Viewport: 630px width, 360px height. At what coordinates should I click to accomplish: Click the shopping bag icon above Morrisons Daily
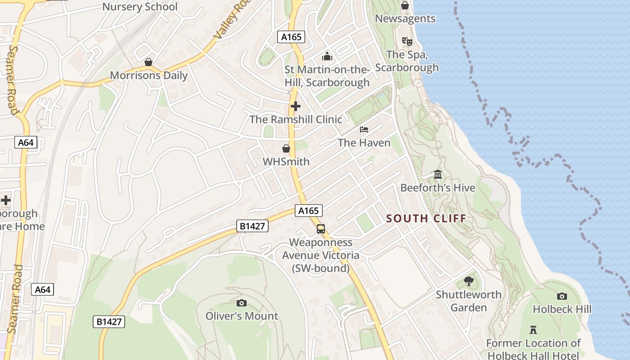click(148, 62)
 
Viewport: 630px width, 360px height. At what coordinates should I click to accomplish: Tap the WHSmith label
click(286, 162)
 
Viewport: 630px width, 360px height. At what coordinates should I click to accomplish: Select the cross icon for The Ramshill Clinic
click(296, 106)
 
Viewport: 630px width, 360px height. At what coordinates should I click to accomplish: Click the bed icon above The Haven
click(364, 130)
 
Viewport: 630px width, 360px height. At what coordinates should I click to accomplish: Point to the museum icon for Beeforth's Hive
click(438, 174)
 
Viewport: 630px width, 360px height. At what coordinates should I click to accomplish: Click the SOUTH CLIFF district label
click(426, 219)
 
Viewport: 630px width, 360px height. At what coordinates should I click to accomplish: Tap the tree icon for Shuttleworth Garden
click(469, 281)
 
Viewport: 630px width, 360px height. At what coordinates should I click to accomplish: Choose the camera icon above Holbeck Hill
click(562, 296)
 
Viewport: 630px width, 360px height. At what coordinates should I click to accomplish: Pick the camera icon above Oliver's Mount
click(242, 303)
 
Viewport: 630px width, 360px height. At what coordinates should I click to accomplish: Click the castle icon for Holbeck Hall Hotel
click(533, 329)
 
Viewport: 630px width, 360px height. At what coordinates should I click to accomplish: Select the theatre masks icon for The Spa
click(407, 41)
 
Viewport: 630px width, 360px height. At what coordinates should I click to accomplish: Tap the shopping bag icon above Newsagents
click(405, 5)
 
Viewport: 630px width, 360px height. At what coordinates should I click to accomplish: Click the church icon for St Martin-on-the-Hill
click(327, 56)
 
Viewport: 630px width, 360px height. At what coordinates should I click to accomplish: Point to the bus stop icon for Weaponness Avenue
click(321, 229)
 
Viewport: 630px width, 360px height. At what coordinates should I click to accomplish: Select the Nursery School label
click(140, 7)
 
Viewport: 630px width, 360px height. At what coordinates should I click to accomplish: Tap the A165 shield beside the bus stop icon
click(309, 211)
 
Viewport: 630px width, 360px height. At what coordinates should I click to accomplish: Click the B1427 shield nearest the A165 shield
click(252, 226)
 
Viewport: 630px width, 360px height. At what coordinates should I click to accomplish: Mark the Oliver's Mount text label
click(242, 316)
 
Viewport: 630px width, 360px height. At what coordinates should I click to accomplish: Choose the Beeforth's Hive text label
click(438, 188)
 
